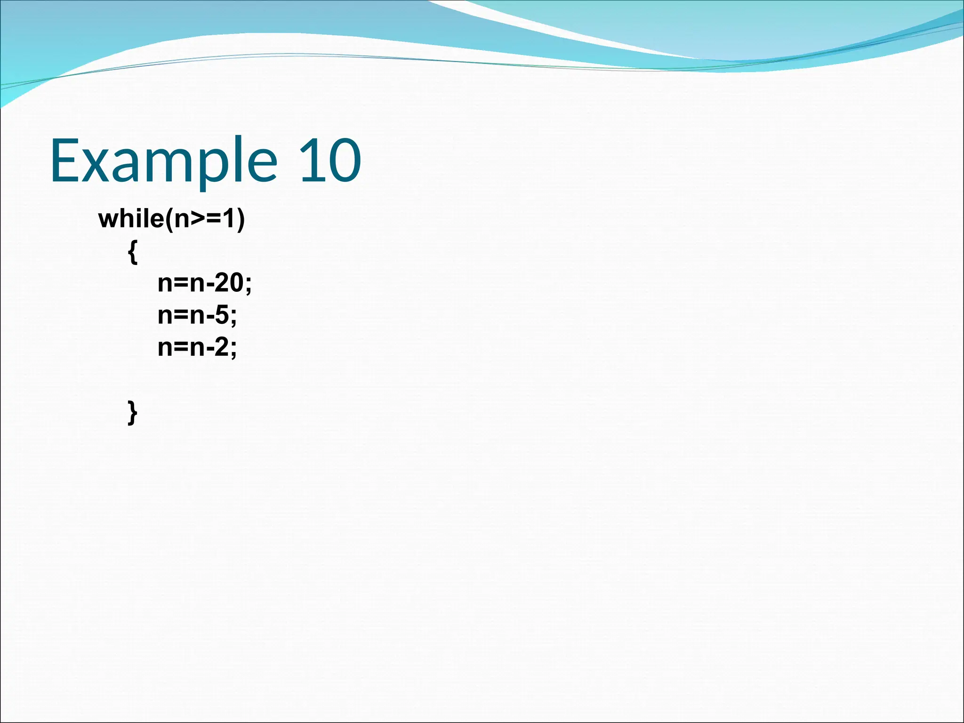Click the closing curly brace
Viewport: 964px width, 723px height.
133,413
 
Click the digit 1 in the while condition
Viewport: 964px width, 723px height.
229,219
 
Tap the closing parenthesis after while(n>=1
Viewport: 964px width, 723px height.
241,219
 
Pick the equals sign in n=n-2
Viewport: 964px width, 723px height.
181,347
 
